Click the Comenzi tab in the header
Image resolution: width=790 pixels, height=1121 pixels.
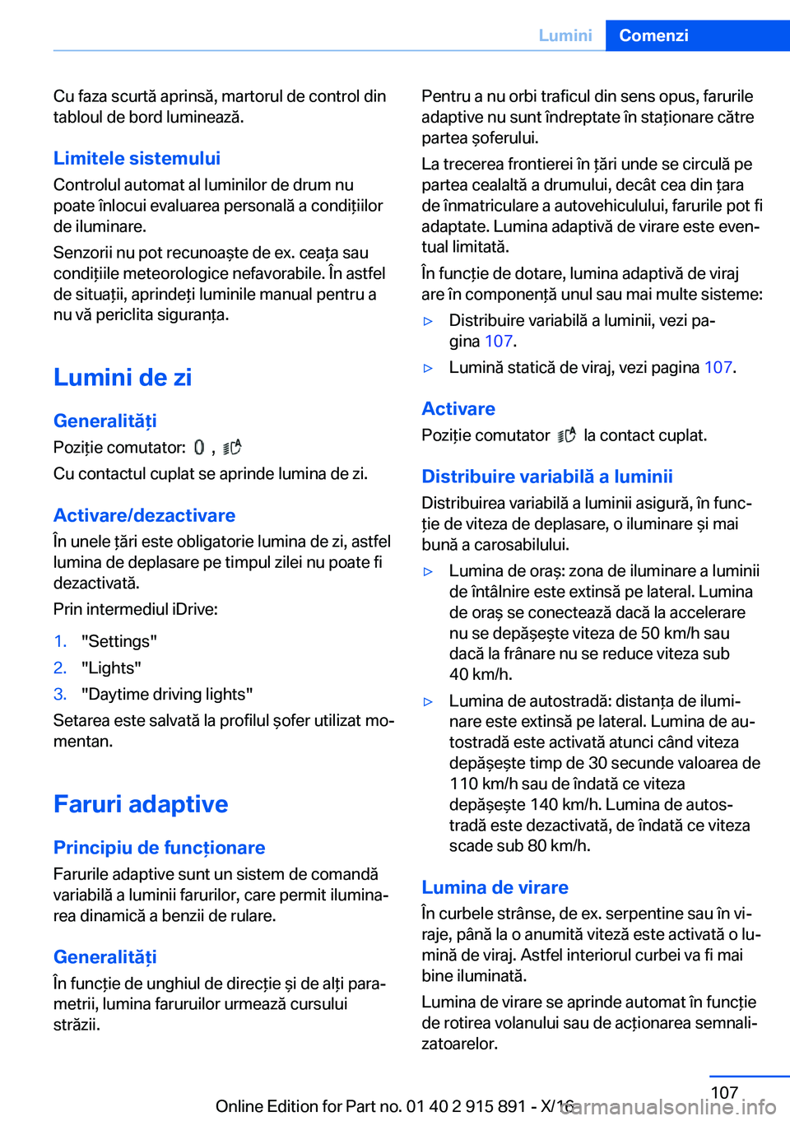coord(653,35)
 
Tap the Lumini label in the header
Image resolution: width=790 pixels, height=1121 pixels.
coord(565,35)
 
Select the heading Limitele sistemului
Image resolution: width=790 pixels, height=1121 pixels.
coord(137,158)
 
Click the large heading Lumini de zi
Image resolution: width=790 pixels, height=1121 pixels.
coord(123,377)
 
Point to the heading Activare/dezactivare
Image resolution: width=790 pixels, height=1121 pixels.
coord(144,515)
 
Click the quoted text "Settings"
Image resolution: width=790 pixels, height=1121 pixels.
coord(119,641)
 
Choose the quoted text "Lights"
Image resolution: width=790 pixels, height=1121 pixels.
coord(111,667)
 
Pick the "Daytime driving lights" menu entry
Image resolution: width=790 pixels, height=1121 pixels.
coord(167,694)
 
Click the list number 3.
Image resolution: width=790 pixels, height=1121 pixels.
coord(59,694)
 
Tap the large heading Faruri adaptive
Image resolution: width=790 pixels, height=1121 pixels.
coord(141,803)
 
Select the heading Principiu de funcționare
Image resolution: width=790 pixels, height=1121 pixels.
coord(159,848)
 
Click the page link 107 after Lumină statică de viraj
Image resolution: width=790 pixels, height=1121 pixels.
coord(718,367)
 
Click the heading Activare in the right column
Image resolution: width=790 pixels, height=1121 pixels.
coord(458,409)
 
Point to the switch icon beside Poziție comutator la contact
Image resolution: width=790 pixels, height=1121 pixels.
coord(566,435)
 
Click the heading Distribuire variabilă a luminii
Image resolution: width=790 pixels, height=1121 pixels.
coord(546,477)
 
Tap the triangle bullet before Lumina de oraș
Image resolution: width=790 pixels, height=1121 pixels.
coord(428,571)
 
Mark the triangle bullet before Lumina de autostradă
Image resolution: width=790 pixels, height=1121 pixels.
coord(428,701)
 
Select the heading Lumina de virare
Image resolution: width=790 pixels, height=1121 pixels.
coord(495,887)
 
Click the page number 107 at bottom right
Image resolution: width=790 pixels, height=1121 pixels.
coord(724,1092)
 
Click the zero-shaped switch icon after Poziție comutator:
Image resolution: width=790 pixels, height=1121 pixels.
coord(199,448)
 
